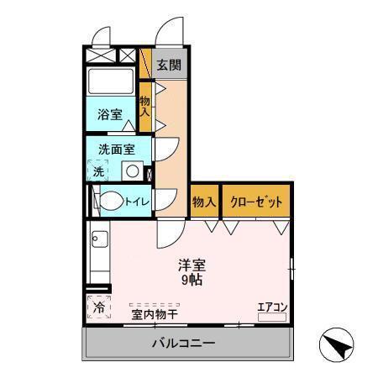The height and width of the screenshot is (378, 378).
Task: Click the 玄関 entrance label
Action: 169,66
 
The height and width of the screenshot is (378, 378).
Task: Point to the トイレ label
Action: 137,202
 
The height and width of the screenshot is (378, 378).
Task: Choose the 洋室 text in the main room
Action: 192,264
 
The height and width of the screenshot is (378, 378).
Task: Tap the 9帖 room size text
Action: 192,280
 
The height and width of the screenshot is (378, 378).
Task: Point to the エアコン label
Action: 272,307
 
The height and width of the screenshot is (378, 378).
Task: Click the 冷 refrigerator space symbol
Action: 98,307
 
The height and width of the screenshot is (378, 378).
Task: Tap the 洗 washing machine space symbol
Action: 97,171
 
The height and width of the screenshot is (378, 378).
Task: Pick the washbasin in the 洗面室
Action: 131,171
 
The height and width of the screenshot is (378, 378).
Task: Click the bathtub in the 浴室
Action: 112,83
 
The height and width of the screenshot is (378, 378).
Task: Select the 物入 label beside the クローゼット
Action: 204,202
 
